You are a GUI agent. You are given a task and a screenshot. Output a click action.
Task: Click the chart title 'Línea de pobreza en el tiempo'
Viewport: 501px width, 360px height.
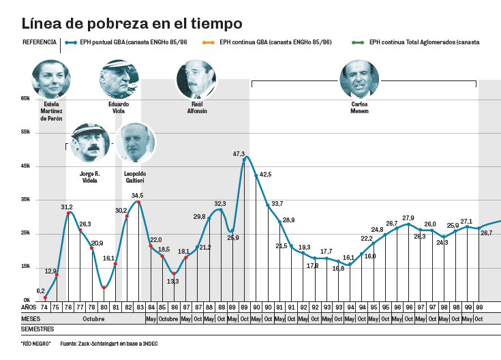coord(132,24)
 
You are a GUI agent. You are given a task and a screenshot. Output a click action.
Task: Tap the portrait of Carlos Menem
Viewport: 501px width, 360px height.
coord(359,79)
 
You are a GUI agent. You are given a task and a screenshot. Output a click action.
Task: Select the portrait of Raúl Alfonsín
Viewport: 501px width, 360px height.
coord(196,79)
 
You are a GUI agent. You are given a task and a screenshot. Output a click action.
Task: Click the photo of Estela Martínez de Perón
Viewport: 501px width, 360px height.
coord(51,79)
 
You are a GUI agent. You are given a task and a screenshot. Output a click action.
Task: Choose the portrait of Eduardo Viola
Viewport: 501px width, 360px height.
coord(119,79)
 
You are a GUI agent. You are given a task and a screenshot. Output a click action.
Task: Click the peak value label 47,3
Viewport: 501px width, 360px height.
coord(239,154)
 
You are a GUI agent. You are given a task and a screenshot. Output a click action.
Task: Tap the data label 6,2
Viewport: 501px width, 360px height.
coord(40,290)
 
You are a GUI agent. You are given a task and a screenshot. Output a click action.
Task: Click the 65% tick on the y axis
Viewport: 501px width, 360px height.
coord(25,99)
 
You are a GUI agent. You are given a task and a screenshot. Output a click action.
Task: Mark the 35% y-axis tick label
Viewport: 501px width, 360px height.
coord(25,200)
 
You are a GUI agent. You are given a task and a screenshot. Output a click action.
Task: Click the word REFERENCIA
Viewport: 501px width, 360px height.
coord(39,42)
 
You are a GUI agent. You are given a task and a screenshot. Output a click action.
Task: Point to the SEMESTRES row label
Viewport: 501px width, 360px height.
coord(38,329)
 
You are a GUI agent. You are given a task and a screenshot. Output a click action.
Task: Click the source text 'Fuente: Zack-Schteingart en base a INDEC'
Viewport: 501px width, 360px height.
coord(109,343)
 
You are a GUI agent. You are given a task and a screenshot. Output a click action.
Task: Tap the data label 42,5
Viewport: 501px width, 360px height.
coord(265,175)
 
